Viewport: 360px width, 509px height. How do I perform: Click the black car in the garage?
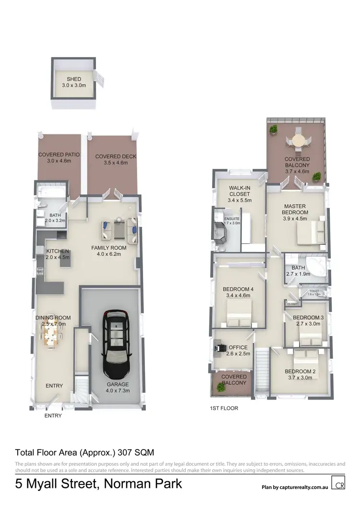point(116,344)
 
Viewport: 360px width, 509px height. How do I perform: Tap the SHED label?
point(73,79)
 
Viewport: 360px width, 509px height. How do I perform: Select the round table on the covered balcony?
point(297,141)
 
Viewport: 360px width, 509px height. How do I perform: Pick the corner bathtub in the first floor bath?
point(316,267)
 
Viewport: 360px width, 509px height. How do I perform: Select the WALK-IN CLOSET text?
point(239,191)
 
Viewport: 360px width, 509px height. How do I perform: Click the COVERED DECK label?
point(116,156)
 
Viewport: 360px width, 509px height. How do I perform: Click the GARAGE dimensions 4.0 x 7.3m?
point(118,391)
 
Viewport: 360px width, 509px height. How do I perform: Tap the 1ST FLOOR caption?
point(224,408)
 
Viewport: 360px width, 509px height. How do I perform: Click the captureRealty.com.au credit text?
point(294,487)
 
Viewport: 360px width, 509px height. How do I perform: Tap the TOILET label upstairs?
point(314,291)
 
